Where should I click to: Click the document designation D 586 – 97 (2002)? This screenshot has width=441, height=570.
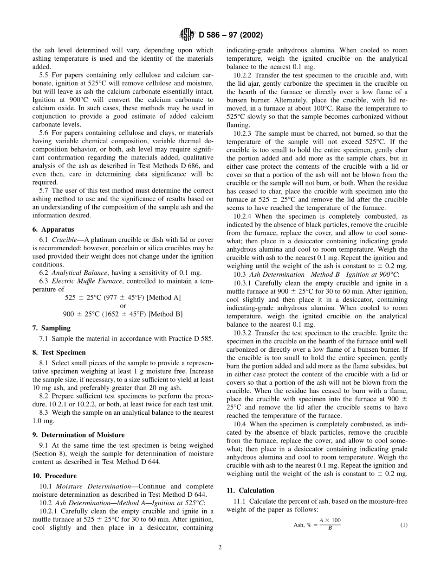coord(231,35)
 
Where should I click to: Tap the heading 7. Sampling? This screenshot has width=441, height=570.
coord(51,328)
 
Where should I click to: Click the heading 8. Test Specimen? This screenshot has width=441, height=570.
coord(59,353)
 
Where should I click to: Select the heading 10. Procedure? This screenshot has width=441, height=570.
coord(54,476)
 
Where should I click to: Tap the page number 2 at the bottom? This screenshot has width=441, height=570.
coord(220,547)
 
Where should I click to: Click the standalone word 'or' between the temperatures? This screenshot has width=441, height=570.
coord(123,306)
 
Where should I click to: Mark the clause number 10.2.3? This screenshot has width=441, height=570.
coord(244,133)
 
